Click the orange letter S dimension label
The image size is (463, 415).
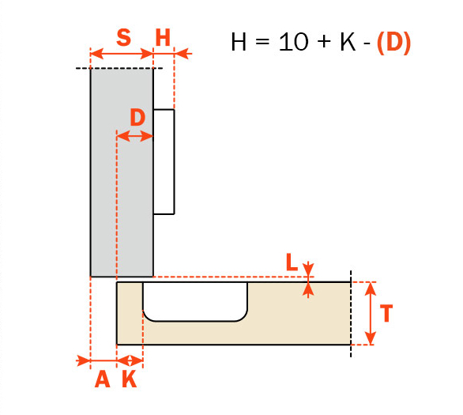point(124,37)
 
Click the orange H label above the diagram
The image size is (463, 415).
point(163,37)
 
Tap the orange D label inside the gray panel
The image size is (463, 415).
point(137,117)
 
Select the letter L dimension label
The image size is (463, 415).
point(292,262)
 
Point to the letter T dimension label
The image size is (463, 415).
point(386,313)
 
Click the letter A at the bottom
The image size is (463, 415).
point(102,379)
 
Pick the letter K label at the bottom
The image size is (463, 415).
point(130,379)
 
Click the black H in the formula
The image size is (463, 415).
point(239,42)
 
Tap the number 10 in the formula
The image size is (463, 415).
point(293,42)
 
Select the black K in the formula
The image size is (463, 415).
point(348,42)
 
